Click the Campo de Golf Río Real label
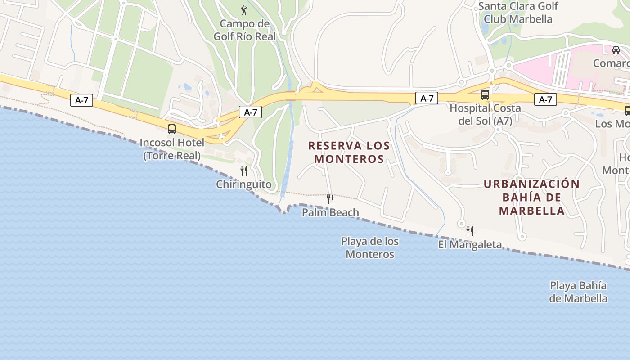click(x=244, y=30)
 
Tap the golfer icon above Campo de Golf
click(x=244, y=10)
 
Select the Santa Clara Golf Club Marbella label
click(x=518, y=13)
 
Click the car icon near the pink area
click(x=616, y=50)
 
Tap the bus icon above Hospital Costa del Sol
click(x=485, y=95)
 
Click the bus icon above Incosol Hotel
click(x=172, y=129)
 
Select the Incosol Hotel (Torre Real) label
click(x=172, y=149)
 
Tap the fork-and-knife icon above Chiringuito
click(x=244, y=171)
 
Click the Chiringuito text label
click(x=244, y=184)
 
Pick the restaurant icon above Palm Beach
click(x=330, y=199)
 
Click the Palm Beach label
click(x=330, y=212)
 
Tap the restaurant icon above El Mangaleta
click(x=470, y=231)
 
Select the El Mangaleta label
click(x=470, y=245)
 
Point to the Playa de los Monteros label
click(x=370, y=247)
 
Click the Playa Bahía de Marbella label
click(x=578, y=292)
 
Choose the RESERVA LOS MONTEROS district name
click(x=349, y=152)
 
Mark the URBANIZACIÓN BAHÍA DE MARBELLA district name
click(x=532, y=197)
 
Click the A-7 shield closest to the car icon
click(x=545, y=100)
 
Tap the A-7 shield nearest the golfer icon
click(x=250, y=112)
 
